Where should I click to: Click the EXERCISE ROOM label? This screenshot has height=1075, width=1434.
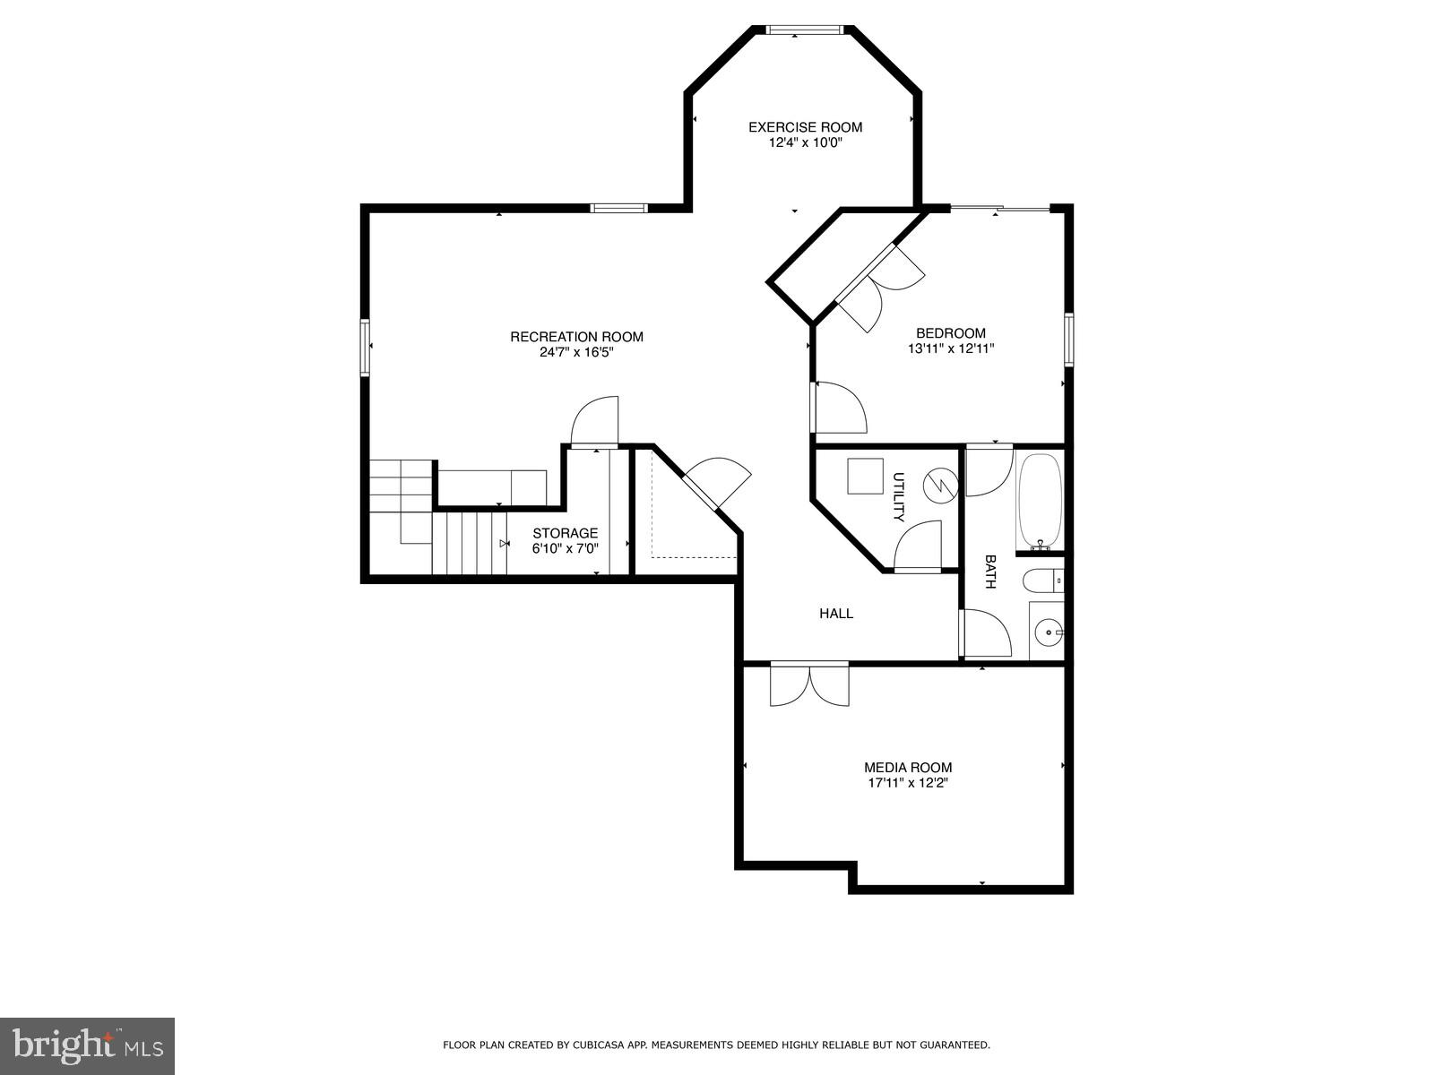click(805, 127)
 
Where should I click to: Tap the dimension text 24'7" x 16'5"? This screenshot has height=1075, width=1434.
click(576, 353)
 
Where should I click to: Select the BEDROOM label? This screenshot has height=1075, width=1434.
click(950, 333)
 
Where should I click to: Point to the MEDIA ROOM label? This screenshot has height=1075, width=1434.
click(907, 768)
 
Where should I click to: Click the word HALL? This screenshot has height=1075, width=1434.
click(836, 614)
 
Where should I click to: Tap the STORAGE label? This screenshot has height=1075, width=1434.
click(565, 533)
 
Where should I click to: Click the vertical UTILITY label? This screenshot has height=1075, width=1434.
click(898, 497)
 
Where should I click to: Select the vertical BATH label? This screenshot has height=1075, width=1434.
click(990, 572)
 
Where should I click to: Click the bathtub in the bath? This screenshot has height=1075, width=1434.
click(1040, 502)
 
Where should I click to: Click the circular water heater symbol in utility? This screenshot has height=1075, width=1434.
click(941, 486)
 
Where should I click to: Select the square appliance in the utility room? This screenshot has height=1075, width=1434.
click(865, 476)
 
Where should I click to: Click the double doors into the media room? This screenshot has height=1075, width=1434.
click(809, 685)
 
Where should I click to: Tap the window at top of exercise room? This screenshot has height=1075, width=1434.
click(804, 30)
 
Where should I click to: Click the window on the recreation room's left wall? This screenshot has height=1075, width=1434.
click(365, 348)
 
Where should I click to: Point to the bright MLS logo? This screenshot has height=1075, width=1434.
click(87, 1045)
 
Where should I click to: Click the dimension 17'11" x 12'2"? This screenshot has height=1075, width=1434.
click(907, 783)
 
